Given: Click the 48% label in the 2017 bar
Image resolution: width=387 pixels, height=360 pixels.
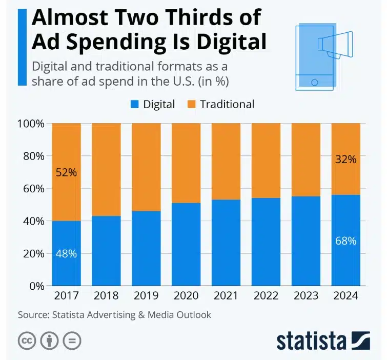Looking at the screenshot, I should click(x=67, y=254).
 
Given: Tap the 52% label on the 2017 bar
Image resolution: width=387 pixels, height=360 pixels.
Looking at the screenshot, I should click(x=67, y=172).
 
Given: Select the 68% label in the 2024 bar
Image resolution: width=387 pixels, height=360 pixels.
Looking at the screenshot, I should click(x=345, y=240).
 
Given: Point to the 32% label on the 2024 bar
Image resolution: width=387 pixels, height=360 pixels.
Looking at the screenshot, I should click(x=345, y=159).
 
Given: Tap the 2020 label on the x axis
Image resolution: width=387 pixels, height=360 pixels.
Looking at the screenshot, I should click(x=186, y=296).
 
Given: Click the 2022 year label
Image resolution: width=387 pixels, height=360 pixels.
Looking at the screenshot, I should click(x=266, y=296).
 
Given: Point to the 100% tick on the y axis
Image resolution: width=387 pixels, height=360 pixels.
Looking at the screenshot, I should click(x=31, y=124).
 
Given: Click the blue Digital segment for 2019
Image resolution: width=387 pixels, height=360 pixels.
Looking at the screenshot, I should click(x=146, y=249).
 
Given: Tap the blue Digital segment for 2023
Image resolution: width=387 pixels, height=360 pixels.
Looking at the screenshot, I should click(x=306, y=241).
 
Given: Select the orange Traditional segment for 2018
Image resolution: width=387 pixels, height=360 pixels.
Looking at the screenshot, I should click(x=106, y=169).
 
